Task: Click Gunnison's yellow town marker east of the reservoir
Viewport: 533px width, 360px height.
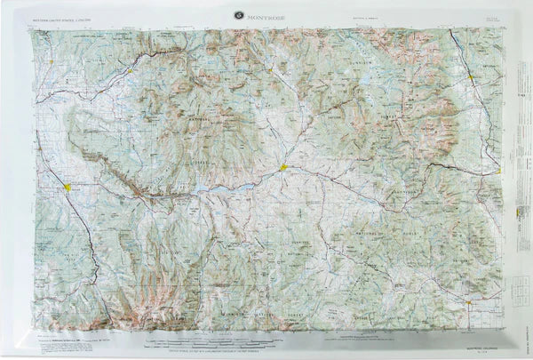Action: (x=283, y=166)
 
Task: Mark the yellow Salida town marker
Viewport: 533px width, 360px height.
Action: (x=500, y=171)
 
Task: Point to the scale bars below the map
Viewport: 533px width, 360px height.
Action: (x=266, y=333)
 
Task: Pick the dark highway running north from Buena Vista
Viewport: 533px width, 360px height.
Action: (x=457, y=49)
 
